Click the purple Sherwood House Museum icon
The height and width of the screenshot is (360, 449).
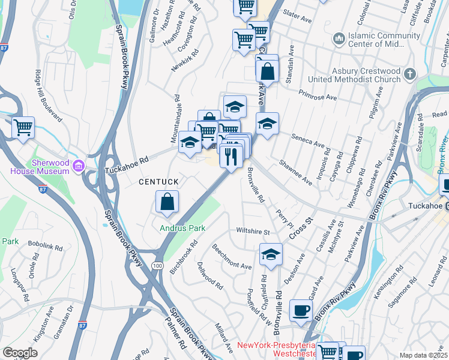(78, 165)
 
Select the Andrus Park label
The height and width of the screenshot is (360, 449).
(182, 228)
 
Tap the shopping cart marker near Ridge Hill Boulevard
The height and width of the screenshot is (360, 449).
(23, 127)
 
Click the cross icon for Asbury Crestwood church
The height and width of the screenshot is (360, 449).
(410, 74)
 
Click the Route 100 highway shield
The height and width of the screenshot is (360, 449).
(157, 265)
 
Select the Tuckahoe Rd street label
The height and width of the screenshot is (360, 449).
(126, 162)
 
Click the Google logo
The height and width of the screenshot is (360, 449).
(20, 352)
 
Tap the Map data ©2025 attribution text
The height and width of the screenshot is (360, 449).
(423, 355)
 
